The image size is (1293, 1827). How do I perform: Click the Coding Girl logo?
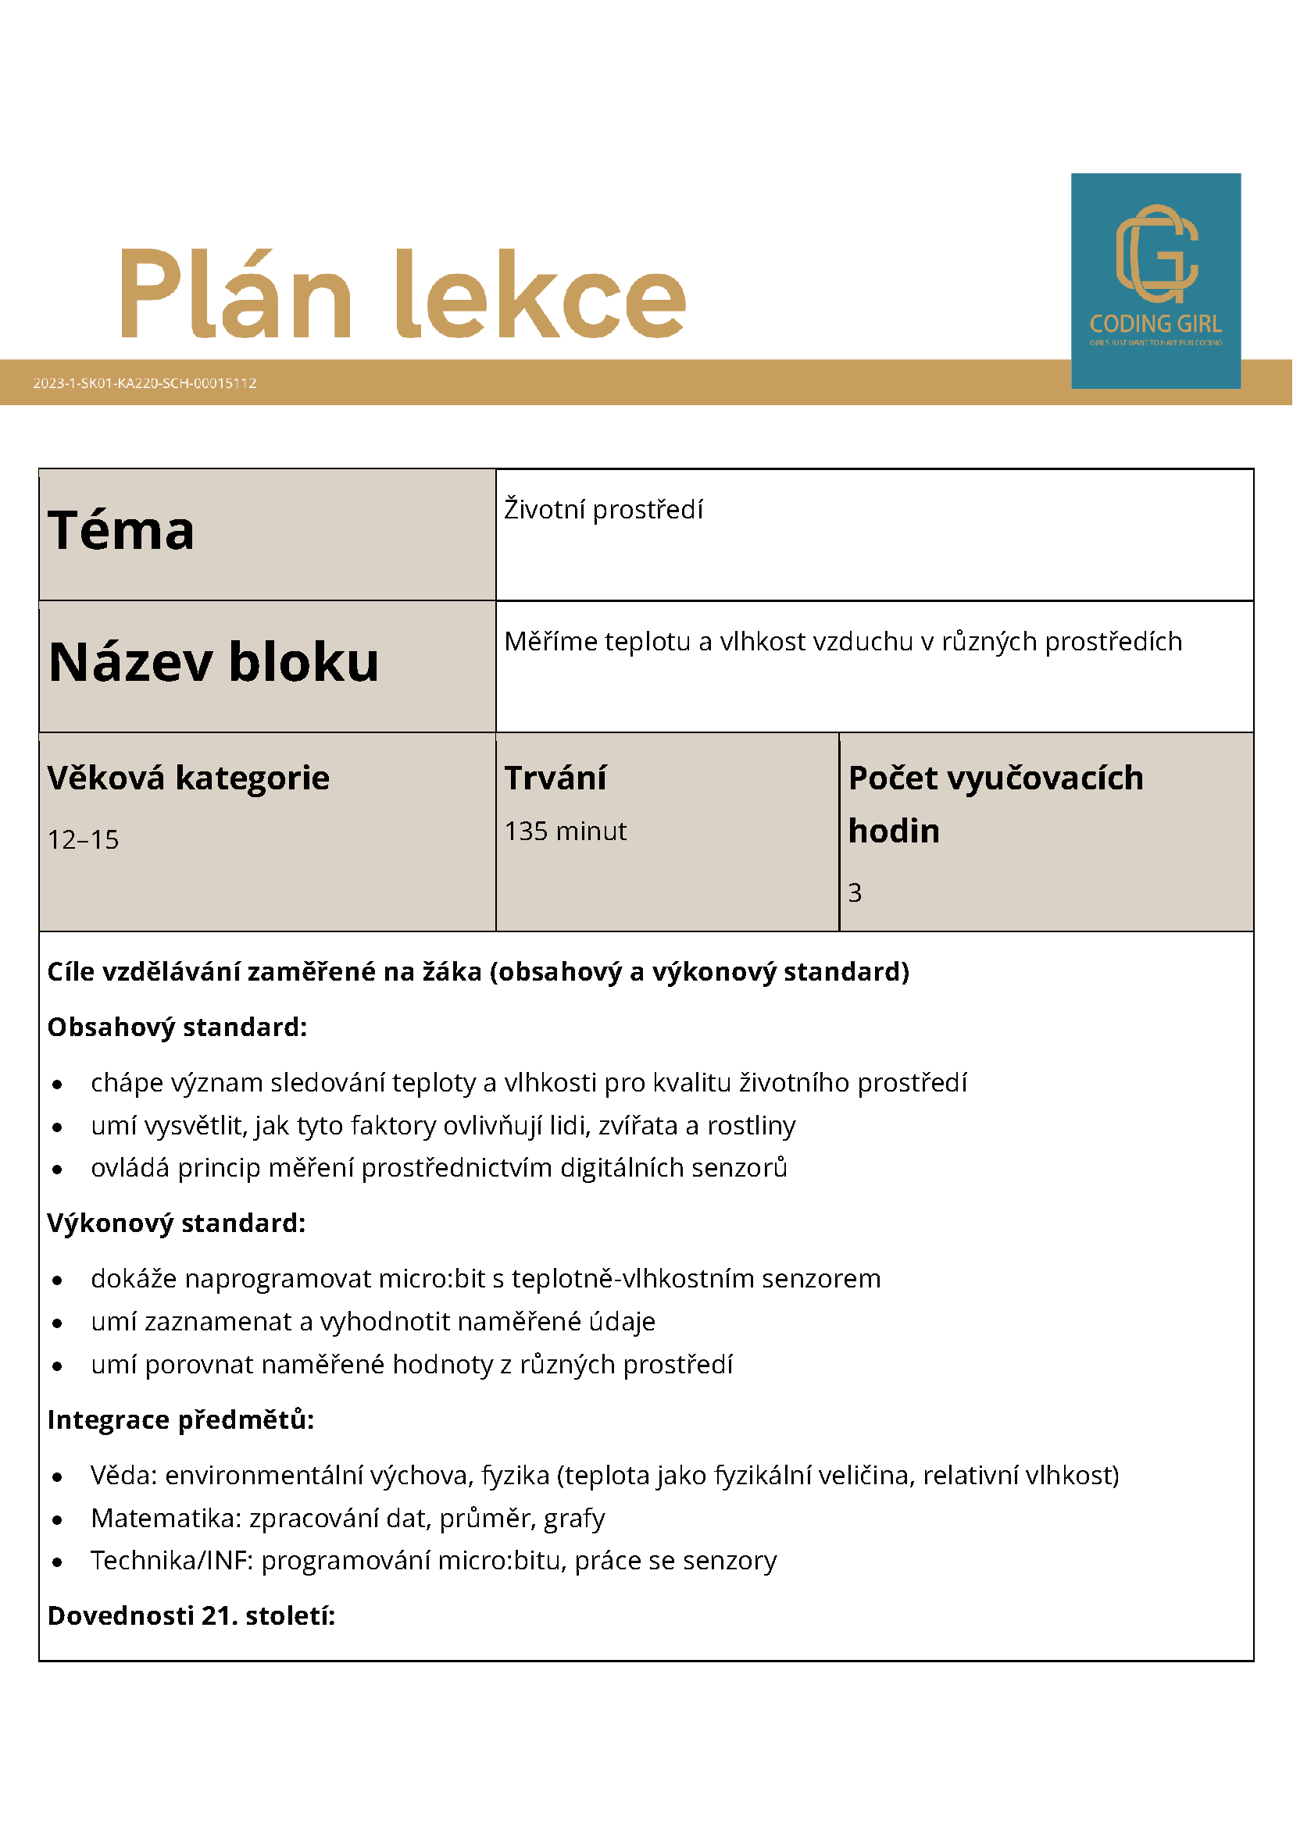point(1155,280)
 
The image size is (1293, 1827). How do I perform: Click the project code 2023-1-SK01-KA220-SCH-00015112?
point(145,383)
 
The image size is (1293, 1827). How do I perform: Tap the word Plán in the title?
point(236,294)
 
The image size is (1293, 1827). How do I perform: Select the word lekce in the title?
point(541,294)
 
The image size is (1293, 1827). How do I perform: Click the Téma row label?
point(121,531)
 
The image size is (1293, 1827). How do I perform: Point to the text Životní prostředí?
point(603,509)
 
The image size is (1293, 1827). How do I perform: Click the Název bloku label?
point(213,662)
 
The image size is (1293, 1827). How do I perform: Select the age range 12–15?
point(83,839)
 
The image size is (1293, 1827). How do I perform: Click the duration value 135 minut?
point(566,831)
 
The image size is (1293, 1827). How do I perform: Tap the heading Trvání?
point(555,778)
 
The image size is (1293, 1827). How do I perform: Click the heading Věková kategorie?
point(188,778)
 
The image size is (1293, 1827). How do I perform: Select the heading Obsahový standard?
point(177,1027)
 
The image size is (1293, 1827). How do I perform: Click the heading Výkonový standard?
point(176,1223)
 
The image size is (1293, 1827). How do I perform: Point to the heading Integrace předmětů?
point(180,1419)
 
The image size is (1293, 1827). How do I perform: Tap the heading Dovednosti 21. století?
point(191,1616)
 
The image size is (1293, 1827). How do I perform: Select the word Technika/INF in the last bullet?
point(171,1561)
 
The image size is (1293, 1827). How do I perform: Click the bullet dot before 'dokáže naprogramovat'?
point(57,1280)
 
